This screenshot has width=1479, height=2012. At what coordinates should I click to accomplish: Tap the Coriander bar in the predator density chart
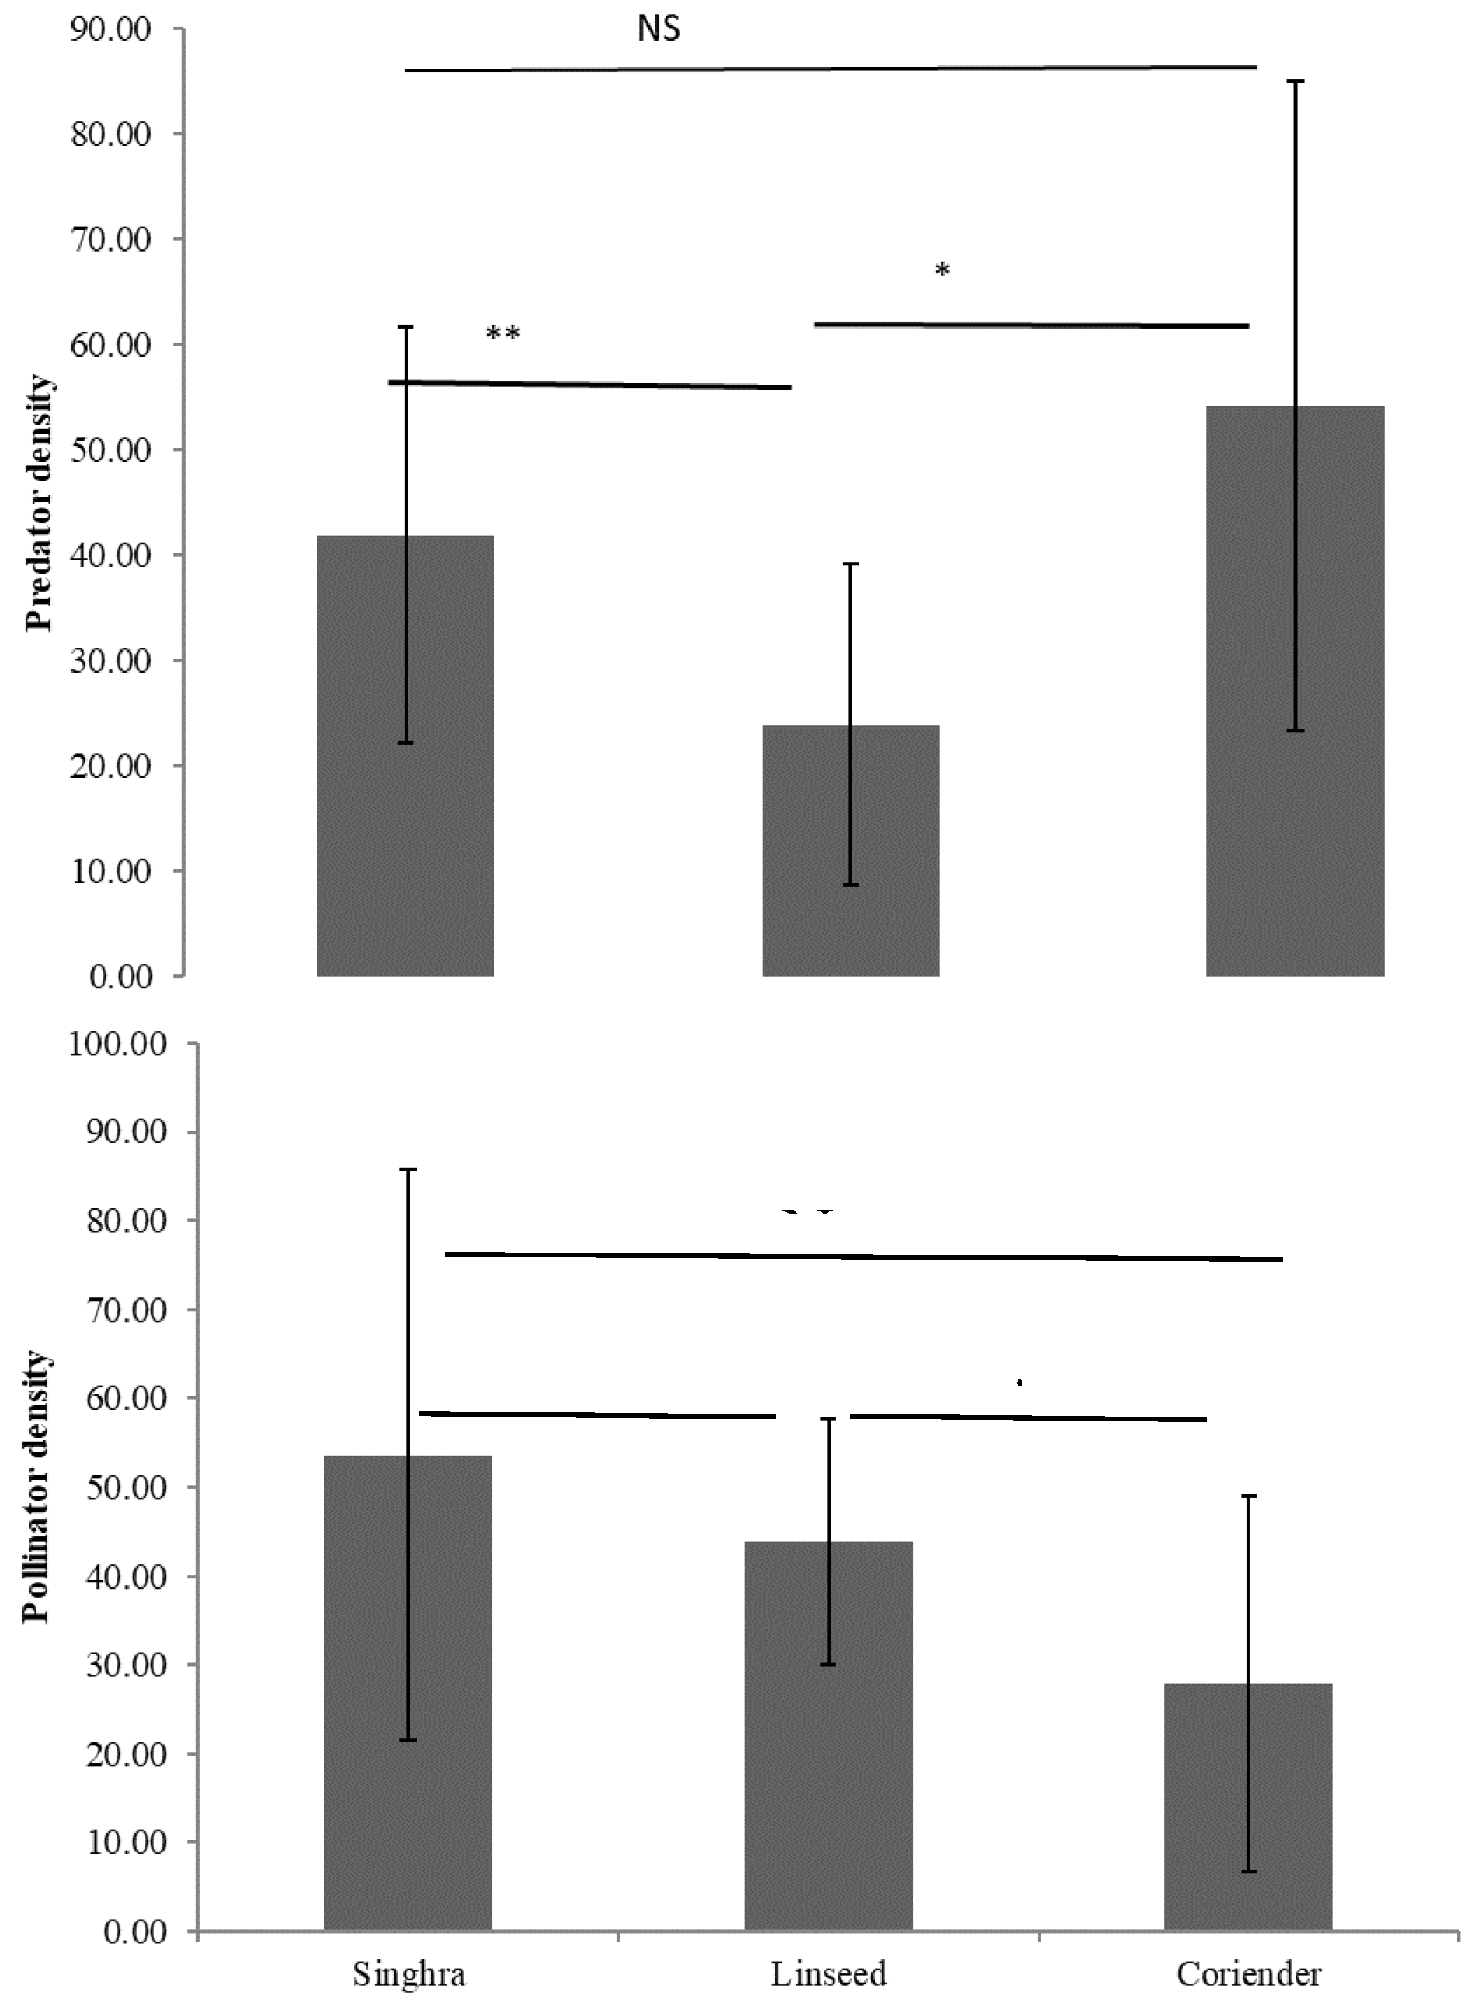1295,690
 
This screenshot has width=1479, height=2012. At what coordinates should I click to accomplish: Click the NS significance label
659,29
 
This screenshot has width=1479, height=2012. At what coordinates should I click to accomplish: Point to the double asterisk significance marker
503,334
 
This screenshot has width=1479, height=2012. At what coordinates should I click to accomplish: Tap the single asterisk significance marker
942,270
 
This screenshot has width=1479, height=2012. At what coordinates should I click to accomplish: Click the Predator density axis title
39,503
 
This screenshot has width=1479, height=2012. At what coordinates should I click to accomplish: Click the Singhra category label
408,1973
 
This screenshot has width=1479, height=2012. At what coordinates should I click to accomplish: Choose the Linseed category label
828,1973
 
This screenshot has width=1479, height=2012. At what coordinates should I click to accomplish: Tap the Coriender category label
1248,1973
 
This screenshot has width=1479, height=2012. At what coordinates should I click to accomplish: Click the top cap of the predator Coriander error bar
1295,81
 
